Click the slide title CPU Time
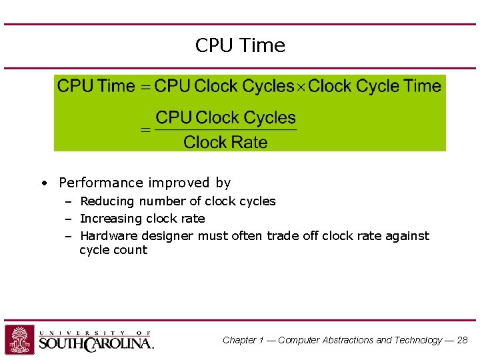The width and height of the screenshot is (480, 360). coord(240,45)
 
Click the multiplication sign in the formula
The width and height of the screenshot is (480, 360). coord(301,87)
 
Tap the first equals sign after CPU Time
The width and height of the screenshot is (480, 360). coord(145,87)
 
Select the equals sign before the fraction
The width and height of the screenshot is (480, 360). coord(145,130)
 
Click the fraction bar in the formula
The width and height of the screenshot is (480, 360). coord(225,129)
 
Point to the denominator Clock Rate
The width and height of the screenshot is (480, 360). coord(225,142)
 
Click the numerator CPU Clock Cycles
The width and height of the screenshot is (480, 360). coord(225,118)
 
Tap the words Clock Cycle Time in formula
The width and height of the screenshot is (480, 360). coord(375,86)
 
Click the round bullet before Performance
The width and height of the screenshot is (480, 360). coord(43,183)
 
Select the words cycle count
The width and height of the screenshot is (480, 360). coord(113,251)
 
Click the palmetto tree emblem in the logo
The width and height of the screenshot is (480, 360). coord(19,339)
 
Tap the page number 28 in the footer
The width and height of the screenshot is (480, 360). coord(462,340)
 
